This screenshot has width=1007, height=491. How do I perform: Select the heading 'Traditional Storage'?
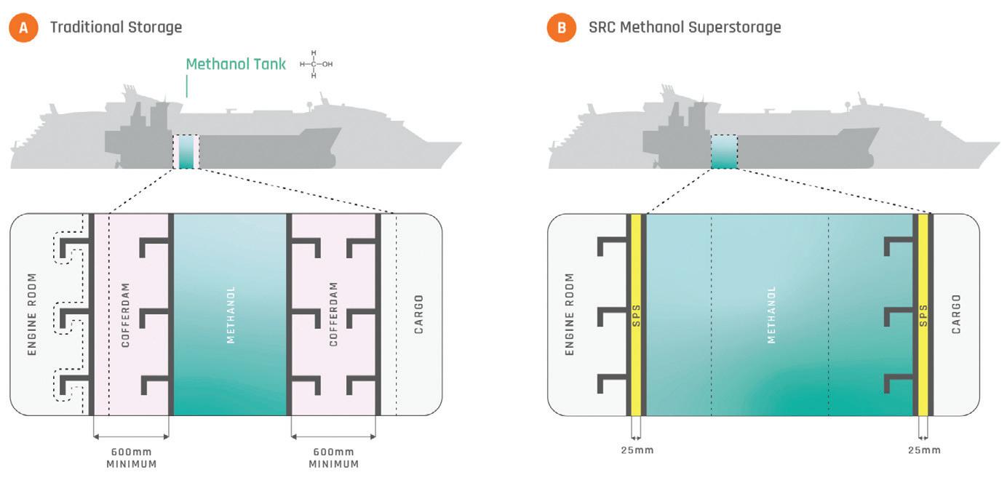pyautogui.click(x=116, y=28)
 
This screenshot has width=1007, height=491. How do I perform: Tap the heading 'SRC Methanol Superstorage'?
pyautogui.click(x=685, y=28)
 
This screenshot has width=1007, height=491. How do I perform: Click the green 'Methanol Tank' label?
pyautogui.click(x=236, y=64)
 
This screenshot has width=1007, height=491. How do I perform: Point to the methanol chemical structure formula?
pyautogui.click(x=316, y=64)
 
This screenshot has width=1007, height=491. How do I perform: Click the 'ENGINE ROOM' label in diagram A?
pyautogui.click(x=32, y=314)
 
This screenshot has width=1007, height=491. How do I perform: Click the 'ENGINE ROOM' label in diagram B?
pyautogui.click(x=570, y=314)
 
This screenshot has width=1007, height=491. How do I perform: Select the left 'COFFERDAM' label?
pyautogui.click(x=125, y=314)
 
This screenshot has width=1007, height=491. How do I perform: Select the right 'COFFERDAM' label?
pyautogui.click(x=334, y=314)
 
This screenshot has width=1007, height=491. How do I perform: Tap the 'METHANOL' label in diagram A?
pyautogui.click(x=231, y=314)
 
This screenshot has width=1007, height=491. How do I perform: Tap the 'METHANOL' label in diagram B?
pyautogui.click(x=771, y=314)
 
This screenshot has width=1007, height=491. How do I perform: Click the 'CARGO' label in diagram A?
pyautogui.click(x=418, y=314)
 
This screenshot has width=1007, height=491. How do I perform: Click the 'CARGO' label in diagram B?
pyautogui.click(x=956, y=314)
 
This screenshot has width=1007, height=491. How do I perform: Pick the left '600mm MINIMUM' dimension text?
pyautogui.click(x=131, y=458)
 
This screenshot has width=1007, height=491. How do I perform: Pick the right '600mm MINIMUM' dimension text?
pyautogui.click(x=334, y=458)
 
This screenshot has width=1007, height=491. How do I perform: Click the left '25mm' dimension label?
pyautogui.click(x=637, y=450)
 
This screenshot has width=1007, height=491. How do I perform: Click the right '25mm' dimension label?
pyautogui.click(x=924, y=450)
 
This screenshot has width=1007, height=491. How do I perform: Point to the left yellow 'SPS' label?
pyautogui.click(x=636, y=314)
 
